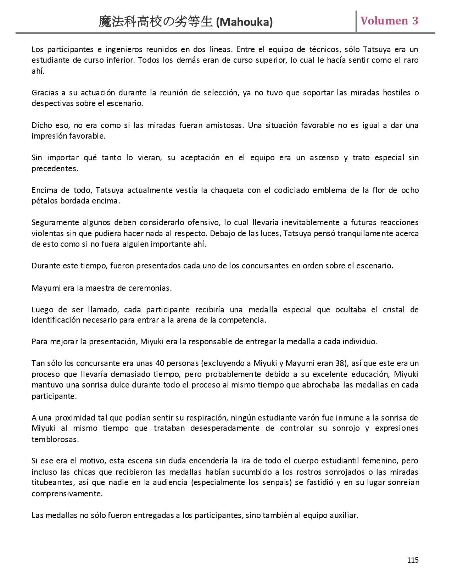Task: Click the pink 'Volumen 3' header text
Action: (x=389, y=21)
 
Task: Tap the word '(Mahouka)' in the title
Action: (x=244, y=22)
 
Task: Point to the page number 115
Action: (x=413, y=560)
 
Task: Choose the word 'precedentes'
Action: (x=55, y=169)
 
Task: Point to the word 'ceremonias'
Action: (x=152, y=288)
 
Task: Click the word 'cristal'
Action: (x=394, y=310)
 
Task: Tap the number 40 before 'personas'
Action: (x=160, y=363)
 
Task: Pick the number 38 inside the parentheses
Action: (x=339, y=363)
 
